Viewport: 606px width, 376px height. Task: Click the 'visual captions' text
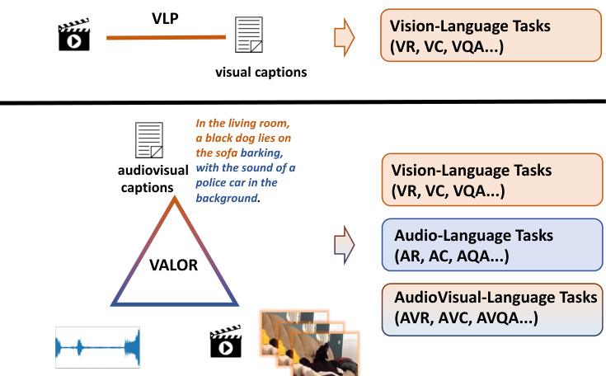[x=261, y=73]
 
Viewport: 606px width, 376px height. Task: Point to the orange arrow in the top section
[x=343, y=36]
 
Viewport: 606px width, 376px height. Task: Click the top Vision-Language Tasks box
[x=464, y=36]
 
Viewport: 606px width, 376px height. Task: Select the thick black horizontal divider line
[x=303, y=101]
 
